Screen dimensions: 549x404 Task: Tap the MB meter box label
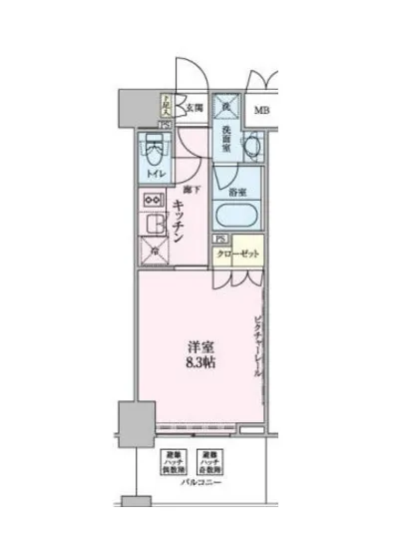[x=259, y=110]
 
